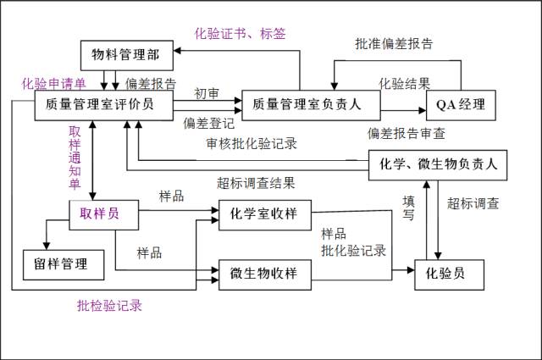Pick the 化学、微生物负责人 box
point(438,164)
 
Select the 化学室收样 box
point(264,213)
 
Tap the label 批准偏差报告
point(394,44)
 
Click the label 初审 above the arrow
point(207,92)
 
